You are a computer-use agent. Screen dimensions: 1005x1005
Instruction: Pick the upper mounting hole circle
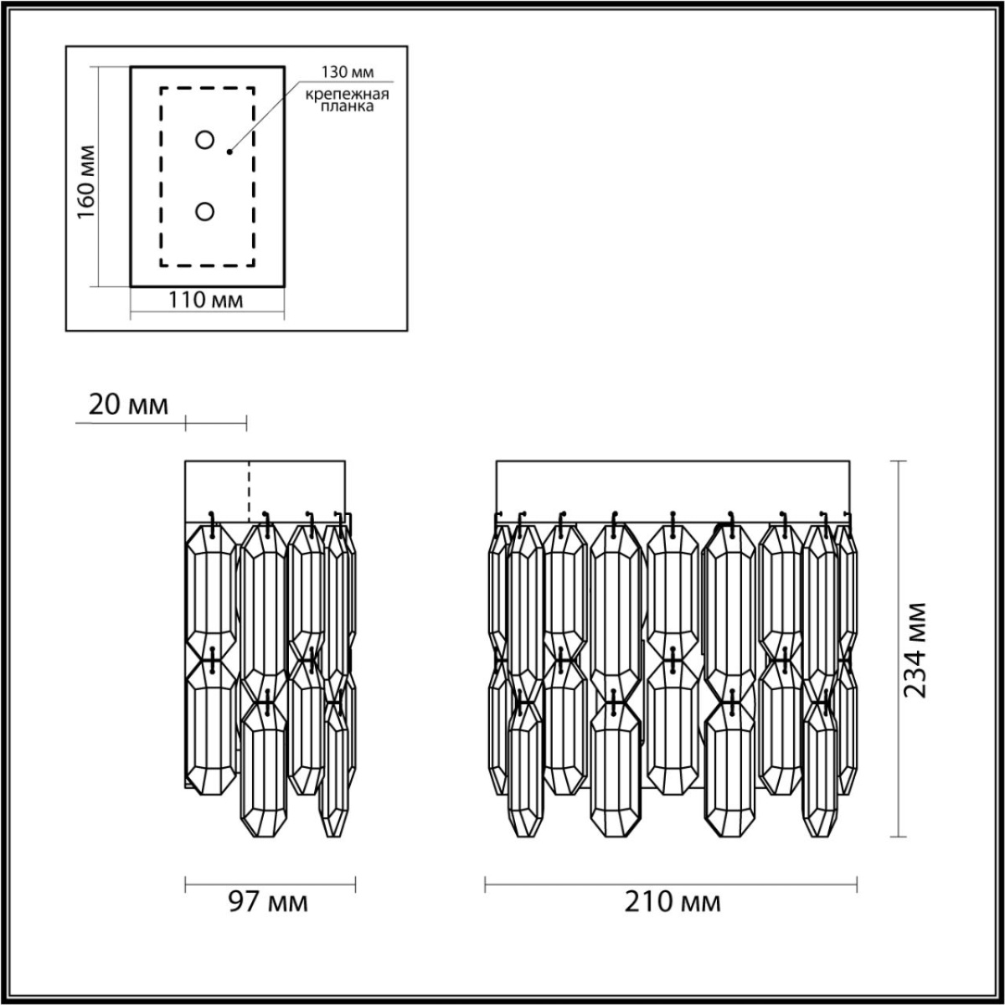click(204, 140)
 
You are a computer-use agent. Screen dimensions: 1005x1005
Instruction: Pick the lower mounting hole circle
click(204, 212)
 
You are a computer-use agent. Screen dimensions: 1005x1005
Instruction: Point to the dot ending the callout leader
click(229, 152)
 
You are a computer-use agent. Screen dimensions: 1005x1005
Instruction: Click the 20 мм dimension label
click(128, 405)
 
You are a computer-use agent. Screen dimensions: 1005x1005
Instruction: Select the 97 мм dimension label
click(268, 903)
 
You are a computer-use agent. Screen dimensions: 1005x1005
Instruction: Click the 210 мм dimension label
click(672, 903)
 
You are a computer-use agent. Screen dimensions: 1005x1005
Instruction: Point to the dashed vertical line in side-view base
click(248, 490)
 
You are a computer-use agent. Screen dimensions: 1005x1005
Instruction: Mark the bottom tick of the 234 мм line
click(898, 835)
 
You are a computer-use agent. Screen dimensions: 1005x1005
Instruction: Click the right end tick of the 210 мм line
click(856, 883)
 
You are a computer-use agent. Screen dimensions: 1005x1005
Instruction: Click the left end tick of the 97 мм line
click(185, 883)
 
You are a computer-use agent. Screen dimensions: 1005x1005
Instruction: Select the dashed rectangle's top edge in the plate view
click(208, 88)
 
